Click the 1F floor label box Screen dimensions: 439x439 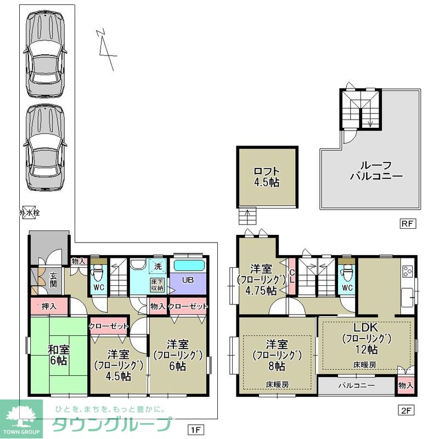(x=195, y=430)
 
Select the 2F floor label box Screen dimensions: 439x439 (x=406, y=410)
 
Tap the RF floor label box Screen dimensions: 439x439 (x=407, y=224)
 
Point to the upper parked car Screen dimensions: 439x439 (x=46, y=54)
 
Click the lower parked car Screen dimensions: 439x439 (x=46, y=148)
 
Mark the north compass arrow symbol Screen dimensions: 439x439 (x=106, y=49)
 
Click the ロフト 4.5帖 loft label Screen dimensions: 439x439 (x=267, y=177)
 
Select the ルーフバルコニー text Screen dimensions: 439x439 (x=376, y=171)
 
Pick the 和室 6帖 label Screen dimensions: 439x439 (x=59, y=355)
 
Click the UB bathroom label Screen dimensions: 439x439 (x=188, y=280)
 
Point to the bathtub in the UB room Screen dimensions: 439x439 (x=189, y=265)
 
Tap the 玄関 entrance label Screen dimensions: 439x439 (x=53, y=280)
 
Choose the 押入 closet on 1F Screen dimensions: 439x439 (x=49, y=306)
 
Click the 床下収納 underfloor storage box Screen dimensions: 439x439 (x=157, y=285)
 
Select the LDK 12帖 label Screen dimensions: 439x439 (x=366, y=339)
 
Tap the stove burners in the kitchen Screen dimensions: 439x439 (x=407, y=271)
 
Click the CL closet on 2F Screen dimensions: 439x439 (x=292, y=276)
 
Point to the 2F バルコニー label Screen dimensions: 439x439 (x=357, y=386)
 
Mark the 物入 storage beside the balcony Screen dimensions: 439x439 (x=406, y=385)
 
